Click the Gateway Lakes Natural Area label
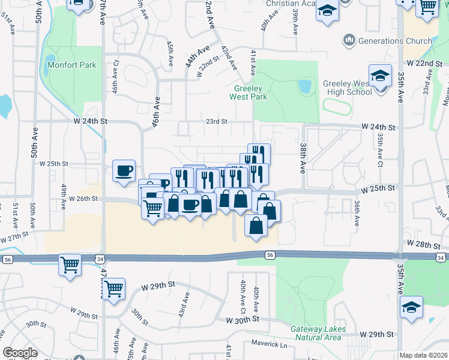(x=316, y=334)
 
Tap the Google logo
(x=20, y=353)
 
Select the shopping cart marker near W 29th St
(x=113, y=290)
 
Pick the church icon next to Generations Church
(x=349, y=41)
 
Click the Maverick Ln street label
(x=269, y=345)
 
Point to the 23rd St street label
(x=217, y=121)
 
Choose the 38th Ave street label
(x=303, y=155)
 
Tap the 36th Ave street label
(x=357, y=213)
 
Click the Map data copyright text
(x=424, y=355)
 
